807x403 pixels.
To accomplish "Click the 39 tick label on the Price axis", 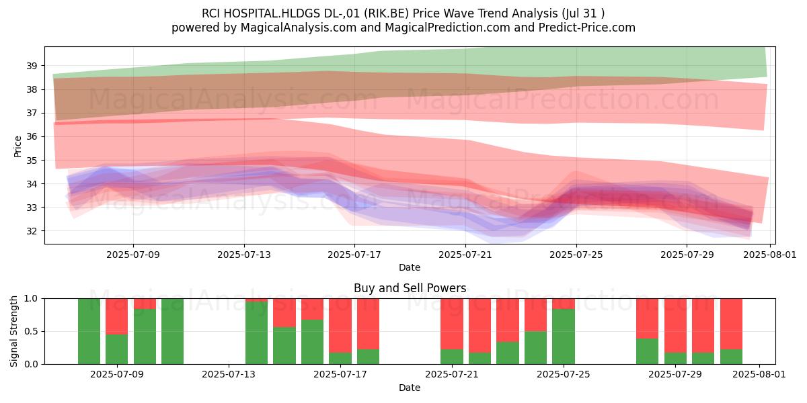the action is click(32, 66).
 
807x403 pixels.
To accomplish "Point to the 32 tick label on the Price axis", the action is click(32, 231).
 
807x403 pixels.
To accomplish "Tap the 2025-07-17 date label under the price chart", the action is click(354, 255).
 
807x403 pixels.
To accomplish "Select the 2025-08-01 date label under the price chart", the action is click(770, 255).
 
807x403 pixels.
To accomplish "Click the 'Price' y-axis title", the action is click(17, 146).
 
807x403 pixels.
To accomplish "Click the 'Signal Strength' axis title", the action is click(13, 331).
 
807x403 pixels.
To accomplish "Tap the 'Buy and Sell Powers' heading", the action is click(410, 288).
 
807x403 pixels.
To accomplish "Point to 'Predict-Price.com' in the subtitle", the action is click(587, 28).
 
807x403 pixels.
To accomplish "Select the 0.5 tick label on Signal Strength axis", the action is click(31, 331).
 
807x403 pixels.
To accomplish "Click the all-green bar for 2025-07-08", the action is click(89, 331).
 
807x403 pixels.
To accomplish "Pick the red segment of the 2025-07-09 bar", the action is click(117, 316).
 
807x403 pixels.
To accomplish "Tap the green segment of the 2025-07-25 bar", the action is click(564, 337).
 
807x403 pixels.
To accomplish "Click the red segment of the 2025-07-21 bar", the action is click(452, 324).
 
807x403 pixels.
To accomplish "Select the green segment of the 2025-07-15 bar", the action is click(284, 345).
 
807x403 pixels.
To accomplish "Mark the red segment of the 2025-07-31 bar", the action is click(732, 324).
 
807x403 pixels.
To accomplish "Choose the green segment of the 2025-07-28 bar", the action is click(647, 351).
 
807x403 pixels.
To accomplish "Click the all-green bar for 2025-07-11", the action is click(172, 331).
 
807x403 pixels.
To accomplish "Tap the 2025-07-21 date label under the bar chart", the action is click(452, 374).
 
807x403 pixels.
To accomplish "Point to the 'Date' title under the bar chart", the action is click(410, 388).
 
